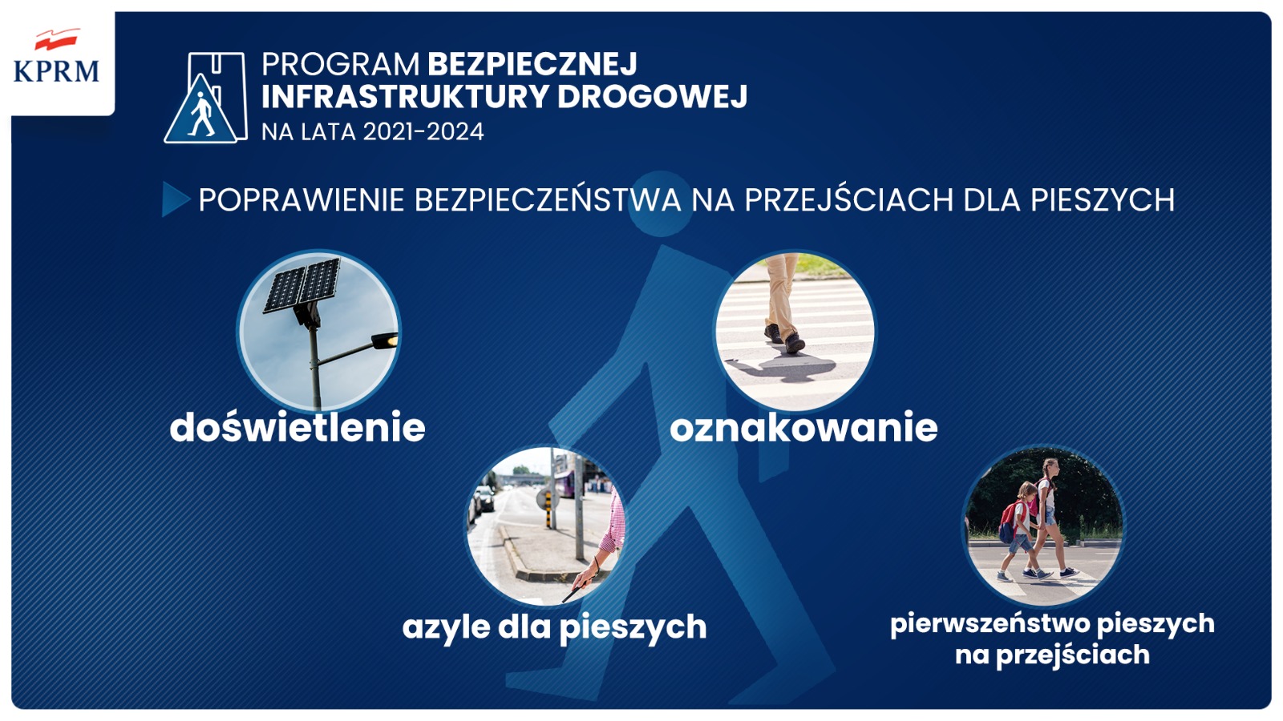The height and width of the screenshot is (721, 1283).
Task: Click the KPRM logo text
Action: [x=56, y=71]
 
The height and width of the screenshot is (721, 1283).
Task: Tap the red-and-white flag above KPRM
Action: [x=56, y=39]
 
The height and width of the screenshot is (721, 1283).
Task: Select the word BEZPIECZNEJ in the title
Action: [x=532, y=63]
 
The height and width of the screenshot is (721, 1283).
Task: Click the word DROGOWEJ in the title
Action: [x=653, y=96]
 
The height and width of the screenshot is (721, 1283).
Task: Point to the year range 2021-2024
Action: [x=423, y=131]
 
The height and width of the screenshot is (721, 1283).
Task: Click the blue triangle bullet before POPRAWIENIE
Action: [x=176, y=199]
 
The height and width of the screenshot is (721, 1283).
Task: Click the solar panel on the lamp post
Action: [x=302, y=285]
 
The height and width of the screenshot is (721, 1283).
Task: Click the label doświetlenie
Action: [x=297, y=427]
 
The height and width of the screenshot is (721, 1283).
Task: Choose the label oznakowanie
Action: [x=803, y=428]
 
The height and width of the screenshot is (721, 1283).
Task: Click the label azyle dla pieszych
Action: [x=554, y=628]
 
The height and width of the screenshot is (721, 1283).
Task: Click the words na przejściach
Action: [x=1052, y=655]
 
